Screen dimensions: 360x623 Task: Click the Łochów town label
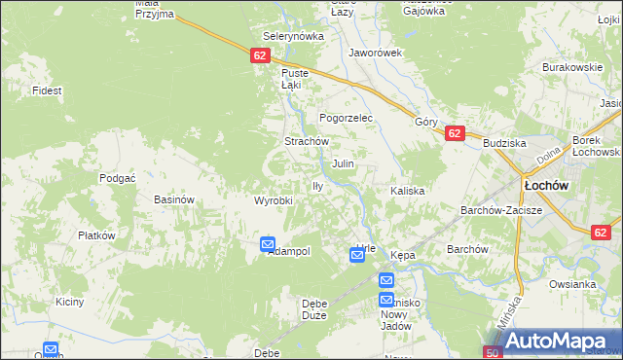(546, 184)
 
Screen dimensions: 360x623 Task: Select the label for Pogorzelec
(347, 117)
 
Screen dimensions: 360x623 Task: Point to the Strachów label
(304, 141)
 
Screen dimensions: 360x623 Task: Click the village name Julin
(343, 163)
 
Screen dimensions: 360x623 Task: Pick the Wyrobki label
(274, 200)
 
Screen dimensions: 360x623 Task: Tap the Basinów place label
(175, 199)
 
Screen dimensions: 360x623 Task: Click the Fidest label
(47, 90)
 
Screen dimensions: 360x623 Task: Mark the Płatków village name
(97, 235)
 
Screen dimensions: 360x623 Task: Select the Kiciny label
(70, 302)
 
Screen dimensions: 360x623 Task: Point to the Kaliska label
(408, 191)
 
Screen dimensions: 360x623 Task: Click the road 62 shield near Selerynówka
(259, 55)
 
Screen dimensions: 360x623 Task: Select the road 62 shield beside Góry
(454, 134)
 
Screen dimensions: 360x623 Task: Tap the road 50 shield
(493, 352)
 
